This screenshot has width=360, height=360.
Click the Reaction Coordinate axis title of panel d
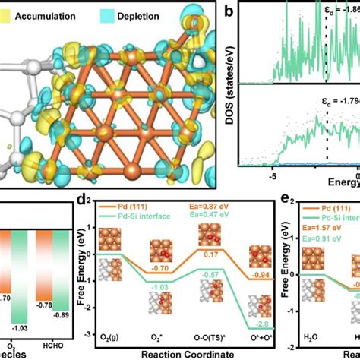coord(188,352)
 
